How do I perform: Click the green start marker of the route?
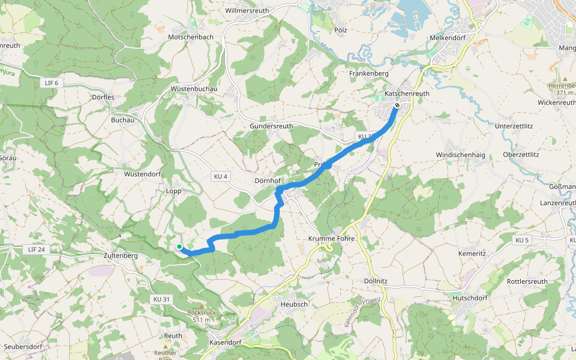pyautogui.click(x=179, y=247)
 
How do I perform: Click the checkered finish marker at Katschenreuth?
pyautogui.click(x=397, y=106)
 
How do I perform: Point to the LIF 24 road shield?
pyautogui.click(x=36, y=249)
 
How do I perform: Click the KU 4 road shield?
pyautogui.click(x=220, y=176)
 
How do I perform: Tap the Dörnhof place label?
pyautogui.click(x=267, y=181)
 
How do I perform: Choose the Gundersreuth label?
pyautogui.click(x=271, y=127)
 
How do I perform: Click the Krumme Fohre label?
pyautogui.click(x=332, y=239)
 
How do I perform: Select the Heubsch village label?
pyautogui.click(x=294, y=305)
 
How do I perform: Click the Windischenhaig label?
pyautogui.click(x=460, y=155)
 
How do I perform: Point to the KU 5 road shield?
pyautogui.click(x=522, y=240)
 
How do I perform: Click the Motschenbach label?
pyautogui.click(x=191, y=37)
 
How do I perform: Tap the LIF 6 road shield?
pyautogui.click(x=52, y=82)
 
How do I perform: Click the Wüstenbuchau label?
pyautogui.click(x=194, y=89)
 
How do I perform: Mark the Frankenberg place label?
pyautogui.click(x=369, y=74)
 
